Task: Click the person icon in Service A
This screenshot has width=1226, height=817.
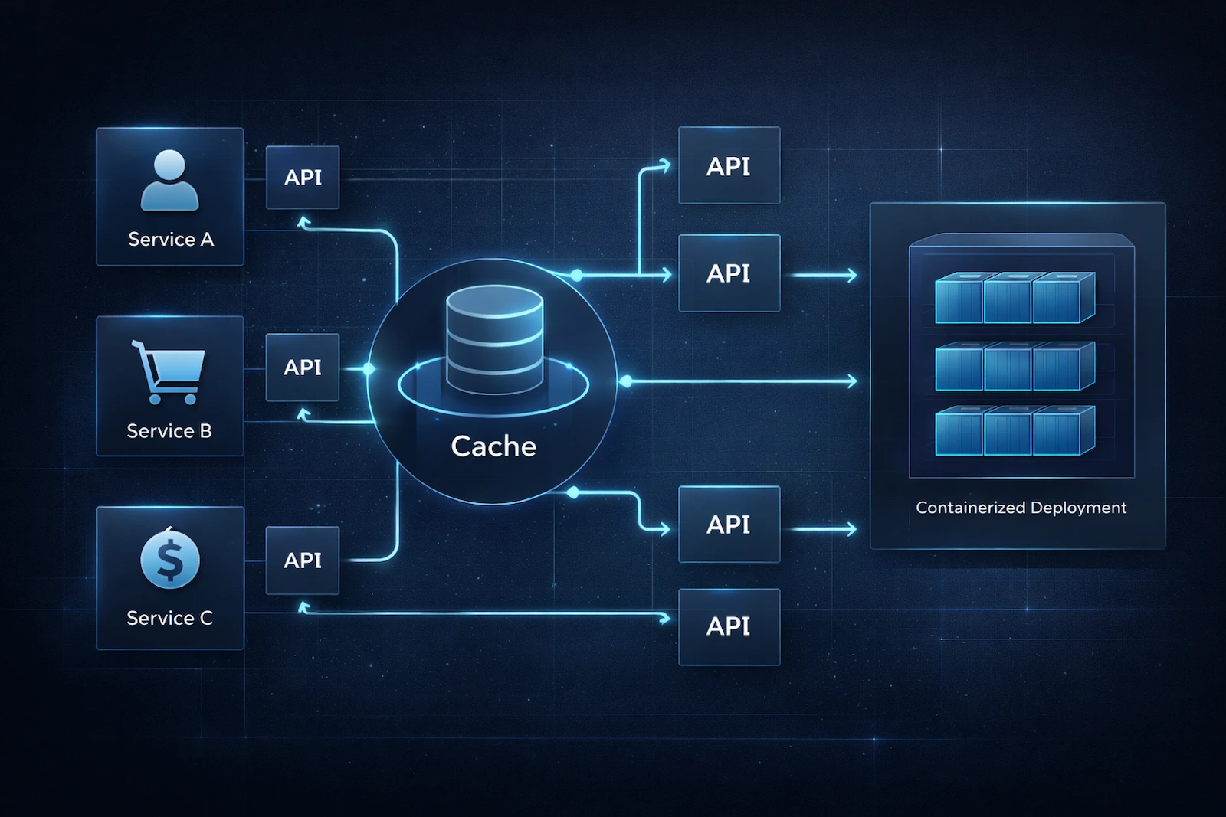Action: point(169,181)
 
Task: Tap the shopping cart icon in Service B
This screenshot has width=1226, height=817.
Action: point(169,371)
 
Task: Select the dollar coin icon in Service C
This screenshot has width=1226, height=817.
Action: point(170,560)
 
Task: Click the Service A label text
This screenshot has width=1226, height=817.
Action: point(171,240)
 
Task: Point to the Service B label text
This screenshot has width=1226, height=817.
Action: point(169,431)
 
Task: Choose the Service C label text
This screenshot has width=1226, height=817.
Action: point(169,618)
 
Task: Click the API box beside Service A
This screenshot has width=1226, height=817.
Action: point(303,178)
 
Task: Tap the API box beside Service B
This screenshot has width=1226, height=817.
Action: point(303,368)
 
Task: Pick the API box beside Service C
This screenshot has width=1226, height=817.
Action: point(303,560)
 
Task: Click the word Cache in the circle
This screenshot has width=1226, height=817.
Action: point(493,446)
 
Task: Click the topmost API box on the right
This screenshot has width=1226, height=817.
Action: point(729,166)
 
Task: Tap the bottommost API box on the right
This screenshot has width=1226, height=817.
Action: point(729,626)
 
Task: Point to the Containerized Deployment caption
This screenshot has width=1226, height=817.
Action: point(1021,508)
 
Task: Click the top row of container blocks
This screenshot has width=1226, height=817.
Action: point(1015,299)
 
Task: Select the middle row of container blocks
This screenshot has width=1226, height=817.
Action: point(1015,367)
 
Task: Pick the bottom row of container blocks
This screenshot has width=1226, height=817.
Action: point(1015,431)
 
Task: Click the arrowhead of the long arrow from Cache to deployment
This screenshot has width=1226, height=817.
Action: point(853,381)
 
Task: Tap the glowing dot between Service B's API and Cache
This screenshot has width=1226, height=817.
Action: point(369,369)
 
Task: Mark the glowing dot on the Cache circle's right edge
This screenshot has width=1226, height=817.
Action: point(625,381)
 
